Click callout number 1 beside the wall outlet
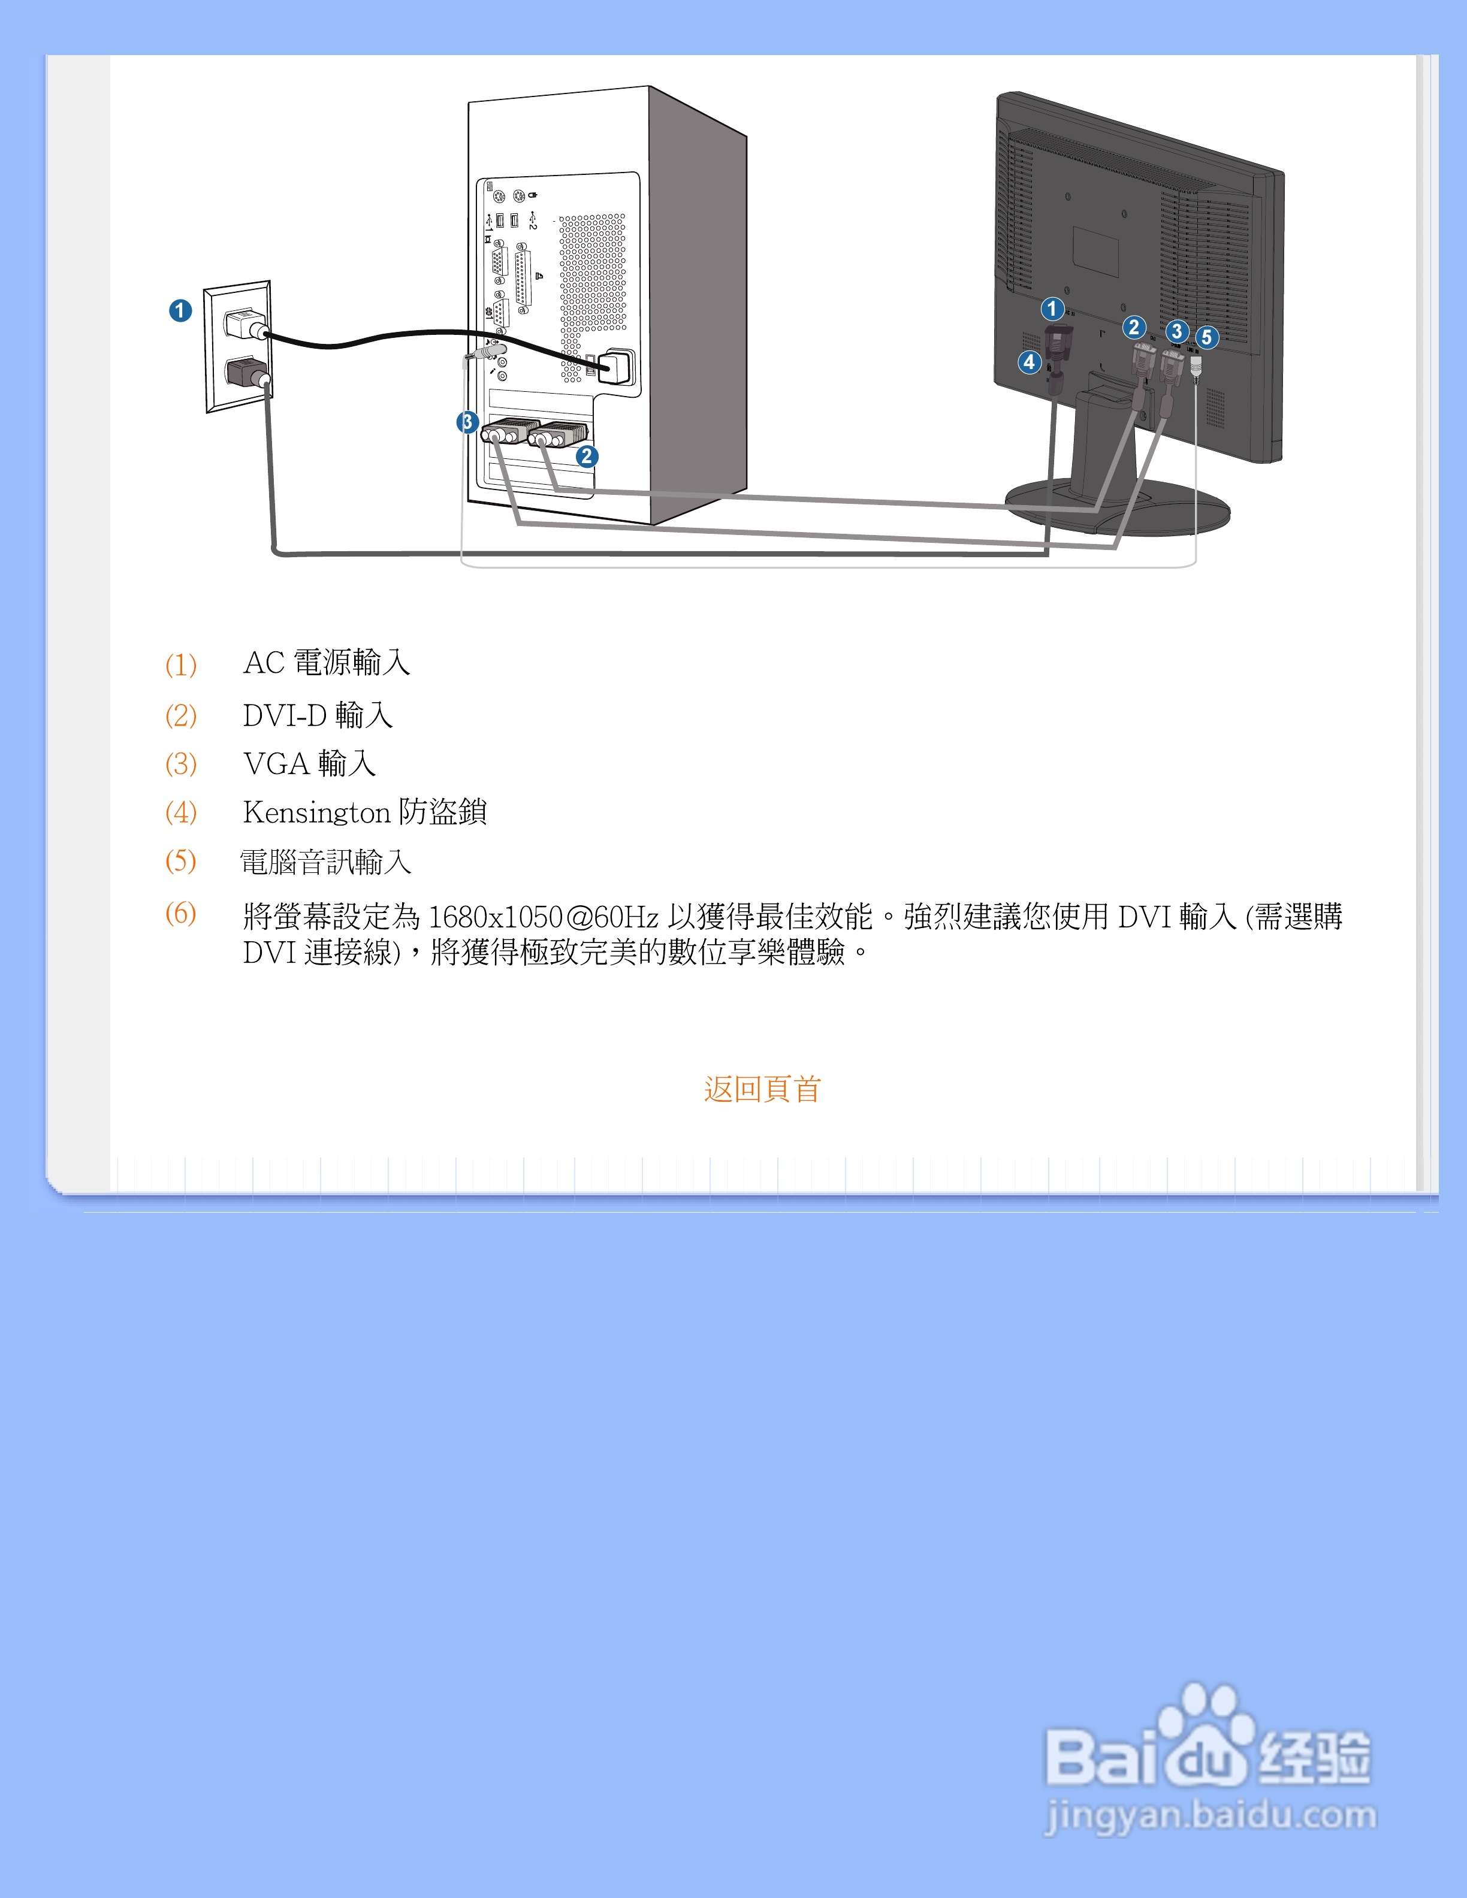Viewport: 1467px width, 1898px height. click(x=180, y=310)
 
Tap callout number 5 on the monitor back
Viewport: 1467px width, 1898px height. click(x=1206, y=337)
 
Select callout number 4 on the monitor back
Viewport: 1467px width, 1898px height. click(x=1029, y=361)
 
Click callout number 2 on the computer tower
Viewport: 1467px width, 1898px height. click(x=587, y=457)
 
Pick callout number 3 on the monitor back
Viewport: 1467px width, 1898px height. click(x=1177, y=331)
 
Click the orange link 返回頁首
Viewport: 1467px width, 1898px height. click(x=762, y=1089)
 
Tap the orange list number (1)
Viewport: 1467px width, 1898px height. click(x=181, y=665)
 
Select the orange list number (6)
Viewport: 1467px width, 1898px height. click(x=181, y=914)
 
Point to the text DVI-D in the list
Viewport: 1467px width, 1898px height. click(x=284, y=715)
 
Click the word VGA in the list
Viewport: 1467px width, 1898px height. click(x=276, y=764)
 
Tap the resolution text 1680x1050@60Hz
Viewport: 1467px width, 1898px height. click(x=543, y=917)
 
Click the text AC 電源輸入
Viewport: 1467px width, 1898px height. click(x=326, y=663)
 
